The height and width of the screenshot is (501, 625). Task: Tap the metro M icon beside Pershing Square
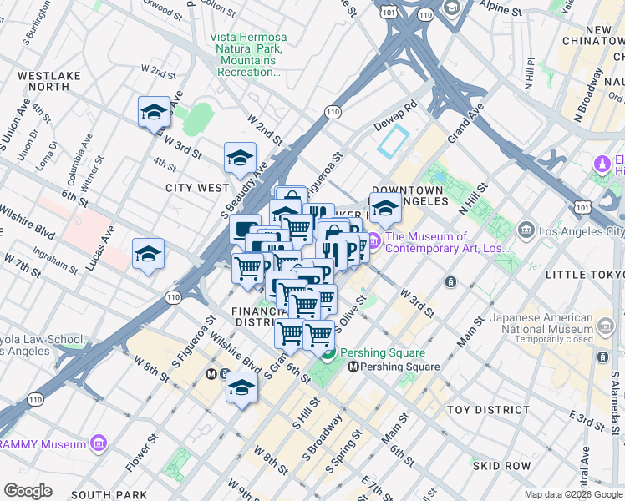pos(353,367)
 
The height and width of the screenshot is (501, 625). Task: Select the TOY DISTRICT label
pos(488,410)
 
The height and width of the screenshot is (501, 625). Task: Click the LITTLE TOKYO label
pos(584,275)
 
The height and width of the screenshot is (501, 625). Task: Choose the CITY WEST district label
pos(197,188)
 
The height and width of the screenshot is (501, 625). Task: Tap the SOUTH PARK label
pos(109,495)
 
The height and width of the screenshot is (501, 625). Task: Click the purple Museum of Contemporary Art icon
pos(373,242)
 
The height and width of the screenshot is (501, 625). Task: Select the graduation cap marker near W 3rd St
pos(154,113)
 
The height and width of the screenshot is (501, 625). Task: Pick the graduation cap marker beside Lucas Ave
pos(148,255)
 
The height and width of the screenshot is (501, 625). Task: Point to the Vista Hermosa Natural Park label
pos(247,55)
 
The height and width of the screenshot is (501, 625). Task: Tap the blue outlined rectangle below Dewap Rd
pos(393,142)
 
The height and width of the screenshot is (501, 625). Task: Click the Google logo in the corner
pos(28,490)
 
